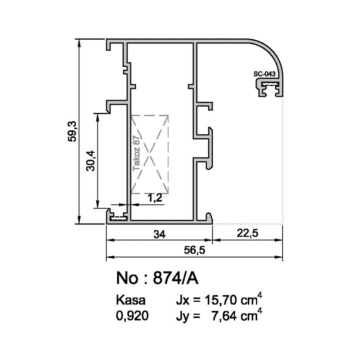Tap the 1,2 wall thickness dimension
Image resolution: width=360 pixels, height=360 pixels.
[x=155, y=198]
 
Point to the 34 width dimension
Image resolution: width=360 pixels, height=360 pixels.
[x=159, y=234]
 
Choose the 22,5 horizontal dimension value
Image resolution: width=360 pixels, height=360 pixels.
[x=248, y=233]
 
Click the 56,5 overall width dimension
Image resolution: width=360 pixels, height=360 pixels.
[x=194, y=250]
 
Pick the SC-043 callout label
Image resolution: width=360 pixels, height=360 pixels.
[x=265, y=74]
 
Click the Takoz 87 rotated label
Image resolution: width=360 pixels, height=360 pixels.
[x=136, y=153]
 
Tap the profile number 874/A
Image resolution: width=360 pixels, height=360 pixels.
[x=176, y=278]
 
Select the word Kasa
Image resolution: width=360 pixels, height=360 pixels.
[x=131, y=300]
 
